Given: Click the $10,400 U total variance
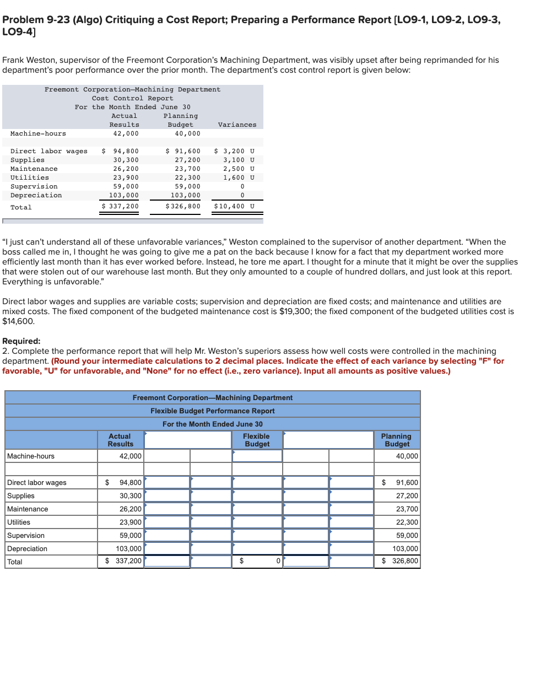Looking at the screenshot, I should (x=234, y=207).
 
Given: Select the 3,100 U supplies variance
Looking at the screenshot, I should (x=238, y=160).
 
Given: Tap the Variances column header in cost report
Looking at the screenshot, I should (x=237, y=125).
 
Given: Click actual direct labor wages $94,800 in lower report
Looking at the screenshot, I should (x=131, y=482).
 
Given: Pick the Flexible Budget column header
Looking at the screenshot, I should (x=257, y=440).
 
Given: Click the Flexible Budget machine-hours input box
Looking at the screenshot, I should (x=257, y=456).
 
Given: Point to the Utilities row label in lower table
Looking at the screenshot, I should (x=19, y=522).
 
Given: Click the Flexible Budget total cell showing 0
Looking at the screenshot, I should (x=257, y=562).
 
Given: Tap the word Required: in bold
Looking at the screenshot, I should (x=21, y=341).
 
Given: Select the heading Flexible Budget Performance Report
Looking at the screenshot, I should (x=212, y=411).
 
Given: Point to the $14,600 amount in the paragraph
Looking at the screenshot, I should (x=18, y=321).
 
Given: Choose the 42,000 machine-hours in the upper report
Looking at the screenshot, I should (x=126, y=133).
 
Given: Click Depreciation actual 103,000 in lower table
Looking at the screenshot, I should (x=129, y=548).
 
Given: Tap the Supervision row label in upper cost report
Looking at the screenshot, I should (x=34, y=186).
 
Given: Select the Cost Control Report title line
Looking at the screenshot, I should (x=132, y=98).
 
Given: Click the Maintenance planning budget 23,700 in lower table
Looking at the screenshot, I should (x=407, y=509).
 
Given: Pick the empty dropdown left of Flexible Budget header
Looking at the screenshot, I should (x=188, y=440).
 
